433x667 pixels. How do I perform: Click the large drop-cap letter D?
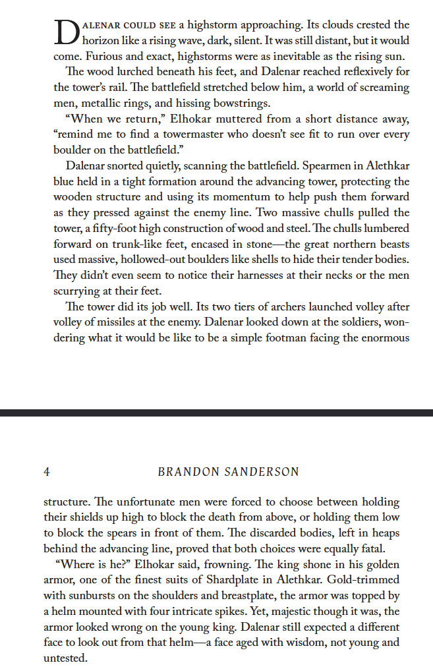66,32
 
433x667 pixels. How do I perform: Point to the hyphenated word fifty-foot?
107,228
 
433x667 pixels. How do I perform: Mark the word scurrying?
77,290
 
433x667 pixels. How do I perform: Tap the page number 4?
47,472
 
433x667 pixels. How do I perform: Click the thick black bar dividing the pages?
216,413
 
